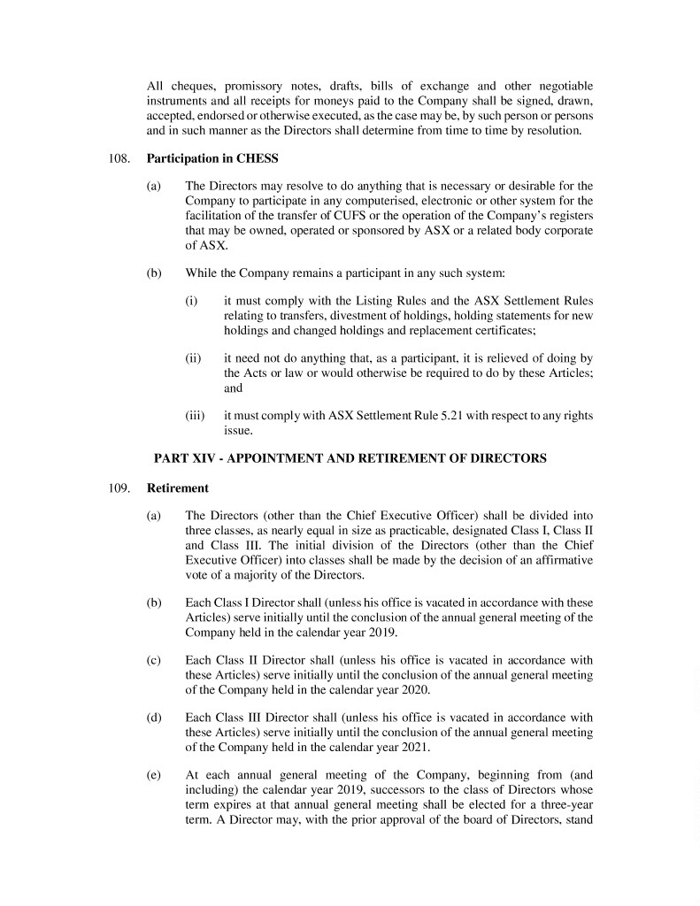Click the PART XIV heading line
tap(350, 458)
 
